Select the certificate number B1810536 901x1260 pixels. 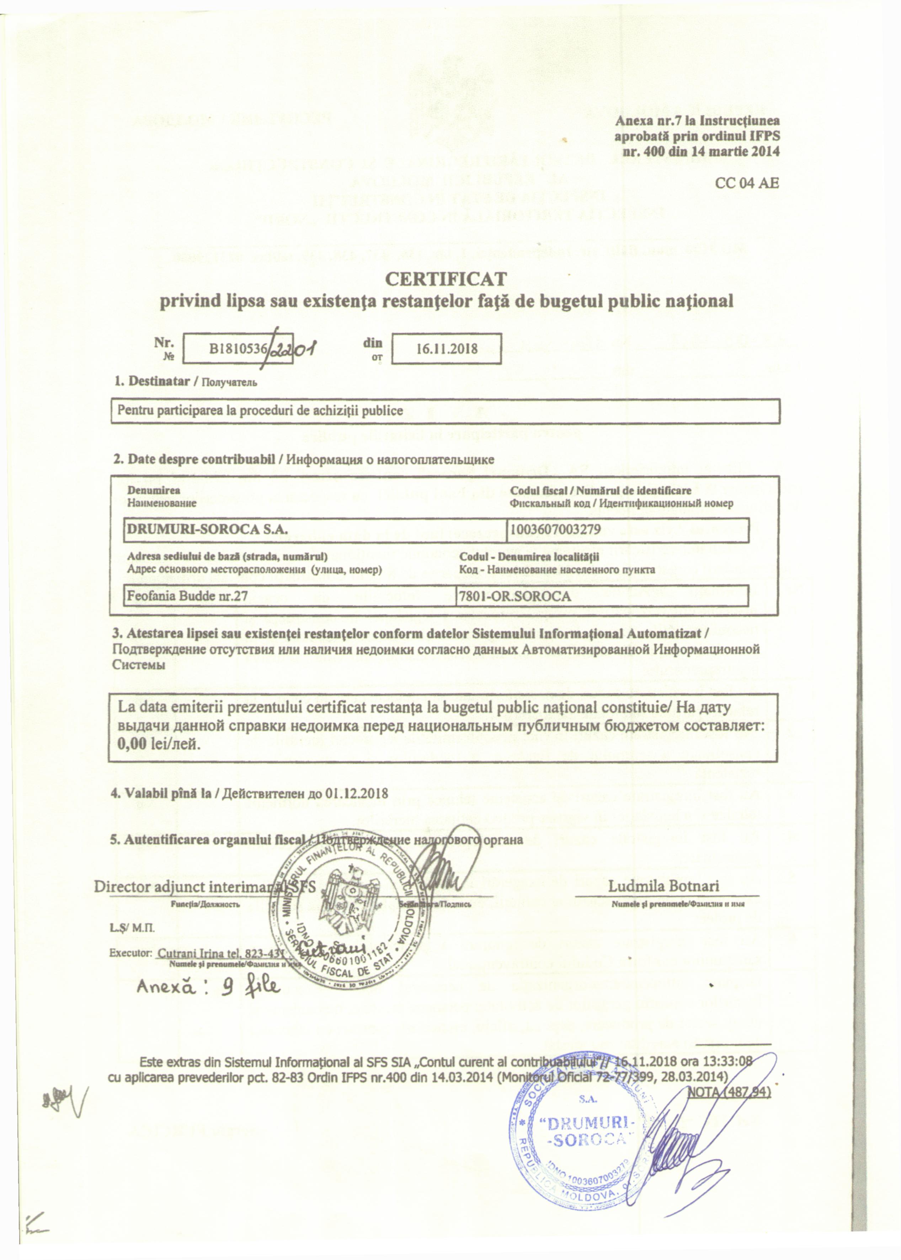point(239,348)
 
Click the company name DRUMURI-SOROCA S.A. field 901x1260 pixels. point(208,529)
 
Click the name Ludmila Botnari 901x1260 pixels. point(663,886)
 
